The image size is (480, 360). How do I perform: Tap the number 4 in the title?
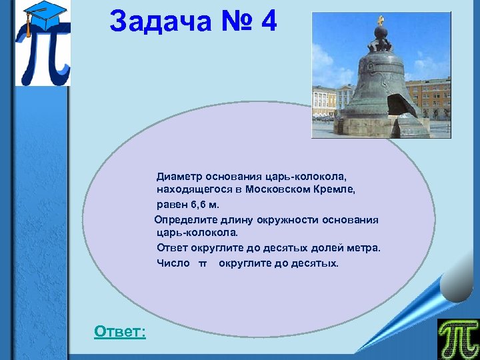pyautogui.click(x=269, y=21)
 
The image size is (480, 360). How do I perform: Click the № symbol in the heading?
pyautogui.click(x=232, y=21)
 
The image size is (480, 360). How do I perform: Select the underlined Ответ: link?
pyautogui.click(x=120, y=331)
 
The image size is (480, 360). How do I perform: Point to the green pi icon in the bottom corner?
pyautogui.click(x=457, y=339)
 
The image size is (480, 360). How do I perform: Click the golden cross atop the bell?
pyautogui.click(x=381, y=20)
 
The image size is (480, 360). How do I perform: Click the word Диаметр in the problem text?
pyautogui.click(x=179, y=177)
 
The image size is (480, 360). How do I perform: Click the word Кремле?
pyautogui.click(x=337, y=189)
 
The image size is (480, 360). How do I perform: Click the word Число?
pyautogui.click(x=173, y=263)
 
